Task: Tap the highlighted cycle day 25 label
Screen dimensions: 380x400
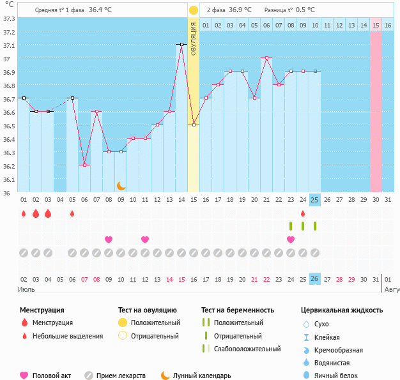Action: pyautogui.click(x=314, y=200)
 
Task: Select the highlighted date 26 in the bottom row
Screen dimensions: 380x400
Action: pyautogui.click(x=314, y=278)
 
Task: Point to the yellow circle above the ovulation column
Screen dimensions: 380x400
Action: pyautogui.click(x=194, y=10)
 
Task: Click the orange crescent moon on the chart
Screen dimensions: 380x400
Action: pyautogui.click(x=121, y=186)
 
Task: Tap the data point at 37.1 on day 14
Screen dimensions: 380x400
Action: pyautogui.click(x=181, y=45)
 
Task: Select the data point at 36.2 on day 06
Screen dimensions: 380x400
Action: pyautogui.click(x=84, y=165)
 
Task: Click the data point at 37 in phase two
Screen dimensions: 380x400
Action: pyautogui.click(x=266, y=58)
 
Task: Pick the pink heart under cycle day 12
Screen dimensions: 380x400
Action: pyautogui.click(x=145, y=239)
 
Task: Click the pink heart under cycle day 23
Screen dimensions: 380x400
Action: pyautogui.click(x=291, y=239)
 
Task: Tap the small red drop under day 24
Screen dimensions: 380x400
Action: pyautogui.click(x=303, y=213)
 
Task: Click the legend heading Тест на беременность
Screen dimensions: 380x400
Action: pyautogui.click(x=238, y=310)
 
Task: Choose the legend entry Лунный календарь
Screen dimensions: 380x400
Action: pyautogui.click(x=199, y=376)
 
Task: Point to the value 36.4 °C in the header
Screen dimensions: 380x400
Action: pyautogui.click(x=100, y=10)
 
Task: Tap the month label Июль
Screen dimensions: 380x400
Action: pyautogui.click(x=27, y=290)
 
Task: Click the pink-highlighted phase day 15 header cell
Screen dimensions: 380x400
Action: pyautogui.click(x=376, y=25)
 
